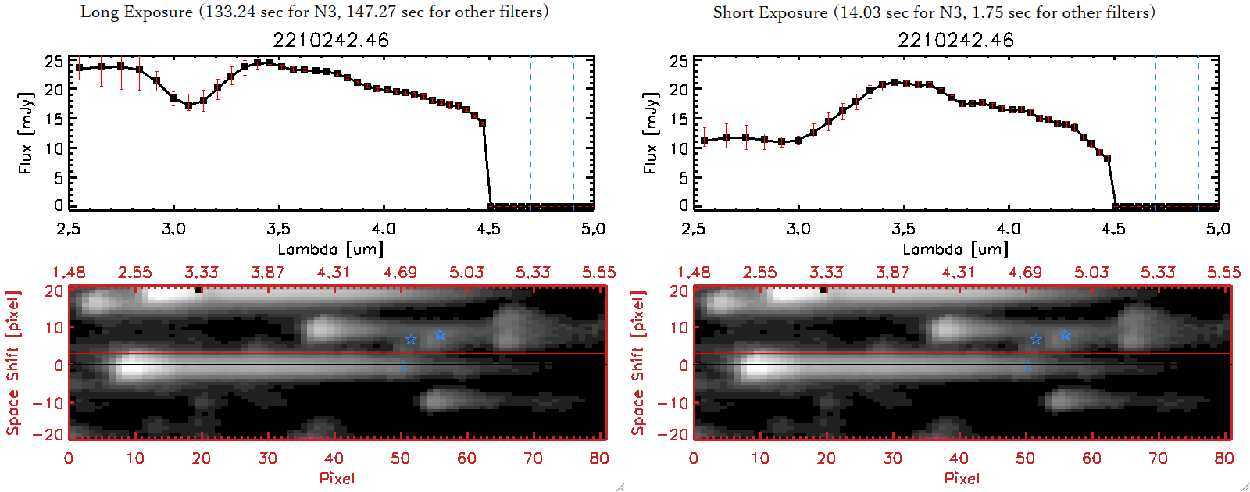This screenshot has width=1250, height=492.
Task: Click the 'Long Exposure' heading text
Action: [137, 12]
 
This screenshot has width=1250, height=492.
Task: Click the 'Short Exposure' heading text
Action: [770, 12]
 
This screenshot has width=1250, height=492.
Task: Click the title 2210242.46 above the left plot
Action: [330, 40]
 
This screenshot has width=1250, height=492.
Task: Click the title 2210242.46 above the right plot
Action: [955, 40]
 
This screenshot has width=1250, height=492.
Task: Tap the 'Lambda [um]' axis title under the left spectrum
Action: [330, 249]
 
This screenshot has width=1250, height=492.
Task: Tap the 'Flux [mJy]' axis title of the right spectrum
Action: [651, 133]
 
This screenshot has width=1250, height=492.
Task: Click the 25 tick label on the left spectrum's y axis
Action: [54, 61]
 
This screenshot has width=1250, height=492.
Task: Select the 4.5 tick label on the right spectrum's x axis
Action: [1113, 229]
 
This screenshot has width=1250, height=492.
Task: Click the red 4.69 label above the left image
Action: [400, 273]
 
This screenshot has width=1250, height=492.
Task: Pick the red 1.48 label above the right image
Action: [694, 273]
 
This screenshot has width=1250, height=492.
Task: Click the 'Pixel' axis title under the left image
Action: [337, 478]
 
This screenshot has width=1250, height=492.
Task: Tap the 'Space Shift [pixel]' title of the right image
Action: [638, 363]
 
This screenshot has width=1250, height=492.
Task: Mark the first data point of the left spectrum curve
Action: [79, 68]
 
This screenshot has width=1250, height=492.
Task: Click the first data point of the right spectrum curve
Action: [704, 141]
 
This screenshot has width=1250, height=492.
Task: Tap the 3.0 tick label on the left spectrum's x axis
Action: [173, 229]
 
